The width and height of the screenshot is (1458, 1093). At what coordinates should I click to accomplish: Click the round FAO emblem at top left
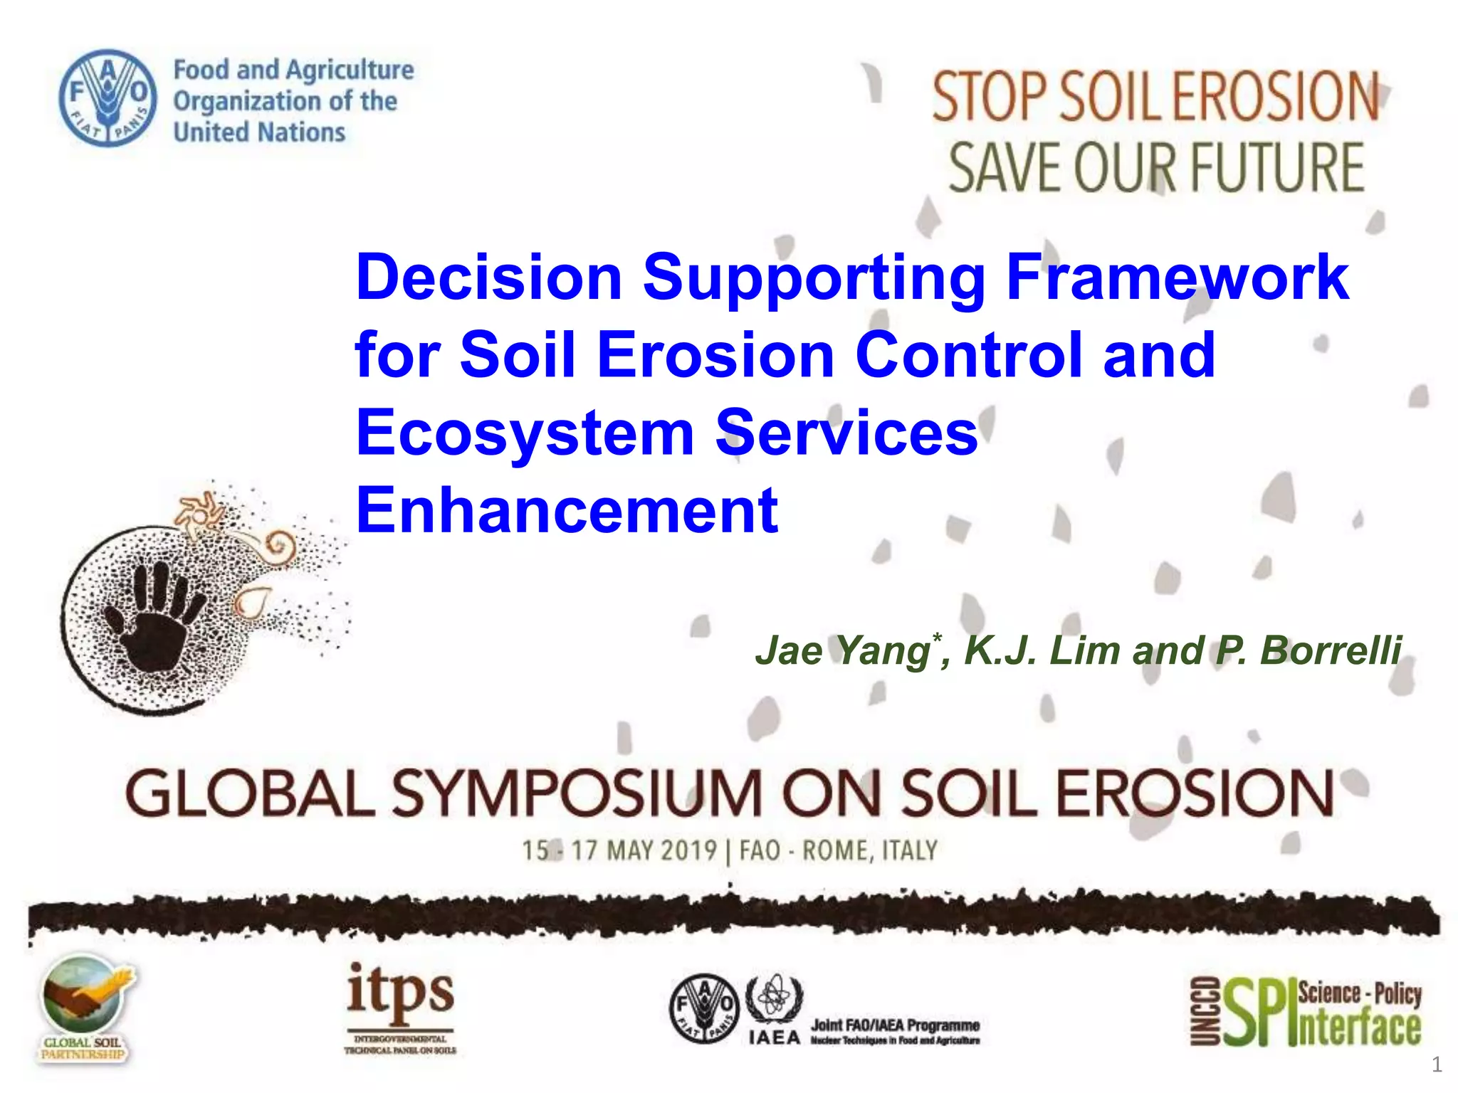(x=107, y=98)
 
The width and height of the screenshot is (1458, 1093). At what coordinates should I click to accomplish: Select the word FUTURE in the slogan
(x=1278, y=168)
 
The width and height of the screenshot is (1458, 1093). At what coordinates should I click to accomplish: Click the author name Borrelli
(x=1330, y=650)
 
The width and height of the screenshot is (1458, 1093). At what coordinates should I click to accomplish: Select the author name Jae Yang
(x=844, y=650)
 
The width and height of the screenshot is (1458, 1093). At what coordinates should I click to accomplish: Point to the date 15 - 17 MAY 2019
(x=619, y=850)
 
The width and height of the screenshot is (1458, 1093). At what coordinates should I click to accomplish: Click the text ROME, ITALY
(x=870, y=850)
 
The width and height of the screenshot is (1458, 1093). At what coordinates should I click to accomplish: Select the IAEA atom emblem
(x=773, y=998)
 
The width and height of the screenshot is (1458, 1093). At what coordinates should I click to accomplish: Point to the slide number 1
(x=1437, y=1065)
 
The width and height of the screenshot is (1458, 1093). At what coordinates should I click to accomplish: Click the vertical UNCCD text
(x=1205, y=1011)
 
